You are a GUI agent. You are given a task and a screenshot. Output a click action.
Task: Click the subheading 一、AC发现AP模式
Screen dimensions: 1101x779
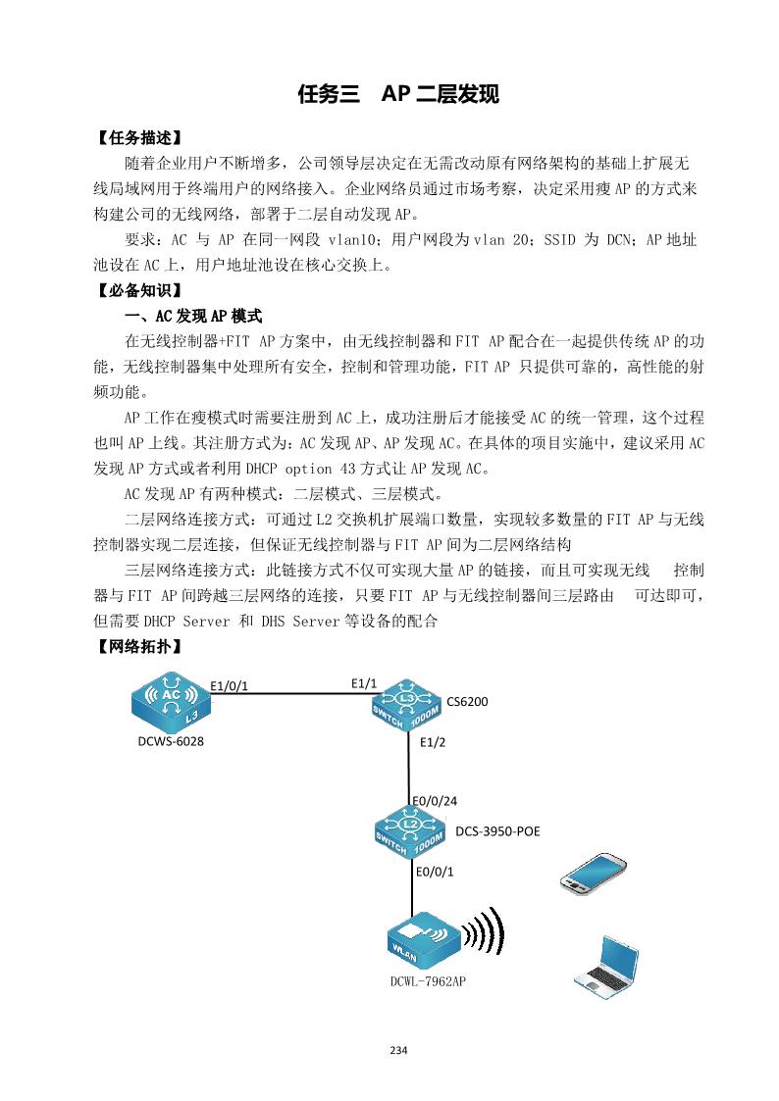click(192, 317)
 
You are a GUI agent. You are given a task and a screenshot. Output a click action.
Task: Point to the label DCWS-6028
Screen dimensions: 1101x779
click(171, 742)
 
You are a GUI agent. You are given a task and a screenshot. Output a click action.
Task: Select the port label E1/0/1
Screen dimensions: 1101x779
click(230, 685)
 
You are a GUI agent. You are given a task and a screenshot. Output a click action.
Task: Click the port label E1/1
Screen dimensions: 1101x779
click(364, 682)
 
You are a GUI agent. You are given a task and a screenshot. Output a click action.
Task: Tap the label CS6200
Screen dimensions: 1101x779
click(467, 702)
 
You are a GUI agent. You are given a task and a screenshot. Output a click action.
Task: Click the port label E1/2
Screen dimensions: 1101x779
click(432, 742)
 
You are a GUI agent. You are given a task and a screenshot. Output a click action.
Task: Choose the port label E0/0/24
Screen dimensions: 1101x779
click(435, 801)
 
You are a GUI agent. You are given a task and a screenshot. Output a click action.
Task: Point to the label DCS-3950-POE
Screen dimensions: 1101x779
click(497, 831)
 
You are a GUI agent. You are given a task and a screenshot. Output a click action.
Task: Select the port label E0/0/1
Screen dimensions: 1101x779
click(436, 871)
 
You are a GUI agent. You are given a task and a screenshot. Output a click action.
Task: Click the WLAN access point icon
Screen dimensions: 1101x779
click(423, 939)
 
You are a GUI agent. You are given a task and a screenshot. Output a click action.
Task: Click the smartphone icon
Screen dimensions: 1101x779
click(593, 871)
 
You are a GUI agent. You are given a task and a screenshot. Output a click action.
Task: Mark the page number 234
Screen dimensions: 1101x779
click(398, 1051)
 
